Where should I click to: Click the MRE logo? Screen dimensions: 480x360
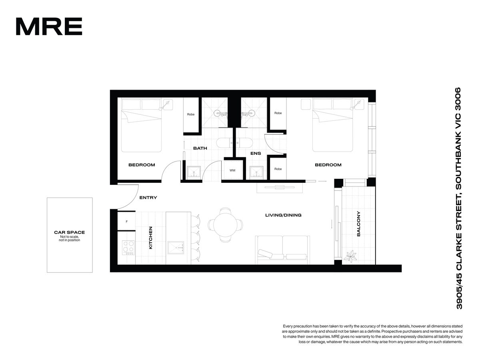(x=49, y=26)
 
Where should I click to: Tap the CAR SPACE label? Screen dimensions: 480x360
(x=69, y=232)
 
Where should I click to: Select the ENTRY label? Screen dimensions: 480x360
(x=148, y=198)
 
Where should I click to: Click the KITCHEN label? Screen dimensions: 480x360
(x=150, y=238)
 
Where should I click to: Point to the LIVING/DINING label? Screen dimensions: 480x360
(x=283, y=215)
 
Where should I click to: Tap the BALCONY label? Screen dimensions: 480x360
(x=358, y=224)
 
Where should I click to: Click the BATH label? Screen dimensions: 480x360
(x=200, y=148)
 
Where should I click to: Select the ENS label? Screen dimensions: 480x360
(x=256, y=153)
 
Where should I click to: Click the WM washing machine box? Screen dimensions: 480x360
(x=232, y=170)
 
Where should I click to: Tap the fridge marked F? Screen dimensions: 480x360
(x=127, y=221)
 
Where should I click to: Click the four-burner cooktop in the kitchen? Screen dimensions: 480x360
(x=128, y=248)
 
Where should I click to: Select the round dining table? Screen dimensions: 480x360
(x=225, y=225)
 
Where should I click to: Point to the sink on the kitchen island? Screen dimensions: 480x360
(x=176, y=248)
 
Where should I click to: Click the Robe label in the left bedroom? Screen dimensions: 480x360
(x=191, y=114)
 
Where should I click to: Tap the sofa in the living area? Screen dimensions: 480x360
(x=282, y=250)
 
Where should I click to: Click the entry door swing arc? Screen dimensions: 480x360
(x=133, y=202)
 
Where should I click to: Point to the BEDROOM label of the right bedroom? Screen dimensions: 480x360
(x=328, y=165)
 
